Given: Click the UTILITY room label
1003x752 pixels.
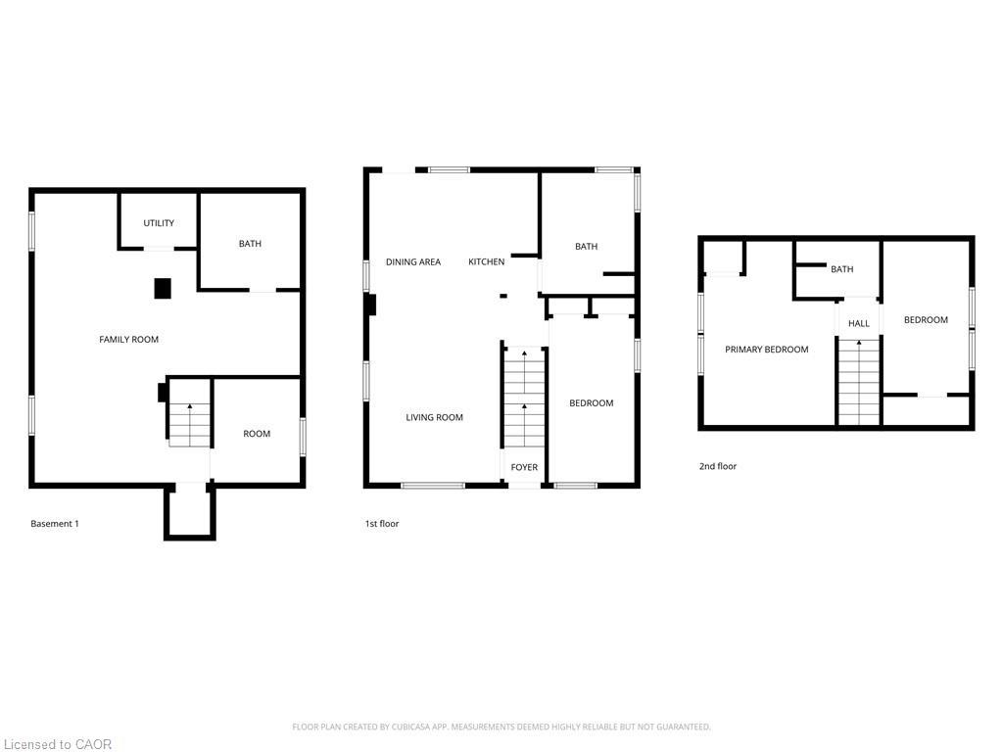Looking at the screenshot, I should click(x=159, y=223).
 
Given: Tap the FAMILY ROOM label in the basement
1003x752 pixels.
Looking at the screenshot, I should click(x=128, y=340).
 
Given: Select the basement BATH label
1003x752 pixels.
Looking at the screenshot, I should click(x=250, y=244).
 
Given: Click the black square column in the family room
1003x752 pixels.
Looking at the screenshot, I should click(x=163, y=288).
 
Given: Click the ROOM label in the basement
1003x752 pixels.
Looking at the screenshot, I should click(x=257, y=434).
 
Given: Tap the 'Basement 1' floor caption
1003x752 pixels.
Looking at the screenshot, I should click(x=55, y=524).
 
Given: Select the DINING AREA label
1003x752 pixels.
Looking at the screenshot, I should click(x=412, y=261).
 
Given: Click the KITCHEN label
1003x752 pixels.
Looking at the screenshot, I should click(x=486, y=261).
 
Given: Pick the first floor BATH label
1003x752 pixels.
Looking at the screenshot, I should click(x=586, y=247).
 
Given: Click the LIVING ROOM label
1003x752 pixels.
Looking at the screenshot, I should click(x=434, y=417).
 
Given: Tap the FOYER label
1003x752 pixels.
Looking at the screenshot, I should click(x=524, y=467).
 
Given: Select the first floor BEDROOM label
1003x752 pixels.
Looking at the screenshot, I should click(x=592, y=403).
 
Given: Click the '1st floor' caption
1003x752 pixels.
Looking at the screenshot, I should click(x=382, y=524).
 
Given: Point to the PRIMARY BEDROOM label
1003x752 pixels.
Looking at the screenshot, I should click(x=766, y=350).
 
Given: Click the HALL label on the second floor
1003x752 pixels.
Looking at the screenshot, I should click(x=858, y=323).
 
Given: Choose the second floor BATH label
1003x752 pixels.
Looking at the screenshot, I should click(x=841, y=269).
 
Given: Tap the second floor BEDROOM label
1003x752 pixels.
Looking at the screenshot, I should click(x=926, y=320).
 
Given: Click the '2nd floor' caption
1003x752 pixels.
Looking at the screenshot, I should click(x=717, y=466).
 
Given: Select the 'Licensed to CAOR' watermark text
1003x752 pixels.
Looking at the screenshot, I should click(x=57, y=744).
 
